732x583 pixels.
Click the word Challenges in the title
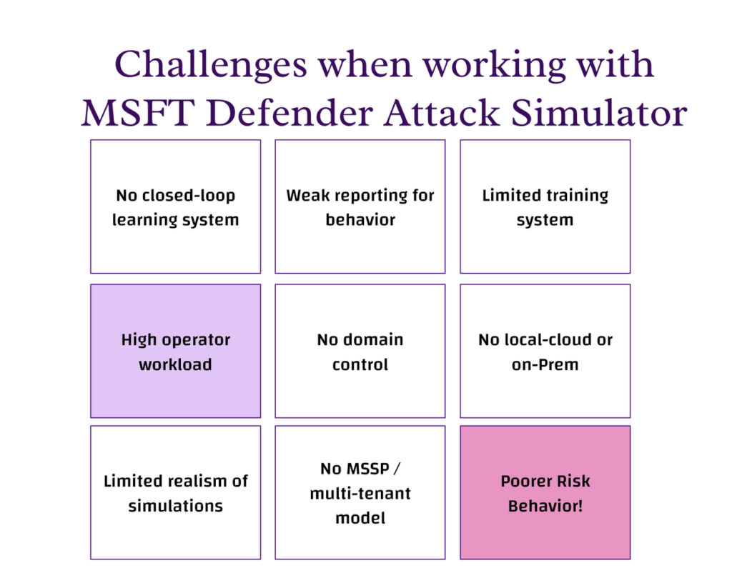tap(211, 66)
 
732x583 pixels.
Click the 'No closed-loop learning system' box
tap(175, 206)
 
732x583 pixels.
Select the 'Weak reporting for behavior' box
tap(360, 206)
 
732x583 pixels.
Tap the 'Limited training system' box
tap(545, 206)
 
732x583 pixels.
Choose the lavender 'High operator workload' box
tap(175, 351)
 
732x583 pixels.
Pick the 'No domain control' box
tap(360, 351)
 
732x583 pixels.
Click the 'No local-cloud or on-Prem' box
tap(545, 351)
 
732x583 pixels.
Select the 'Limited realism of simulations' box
tap(175, 492)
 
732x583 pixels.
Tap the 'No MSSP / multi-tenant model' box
tap(360, 492)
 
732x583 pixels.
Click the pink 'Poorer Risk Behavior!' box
tap(545, 492)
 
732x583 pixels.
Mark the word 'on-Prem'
tap(545, 364)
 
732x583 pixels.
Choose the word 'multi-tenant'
tap(360, 494)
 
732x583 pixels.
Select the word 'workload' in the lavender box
tap(175, 364)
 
